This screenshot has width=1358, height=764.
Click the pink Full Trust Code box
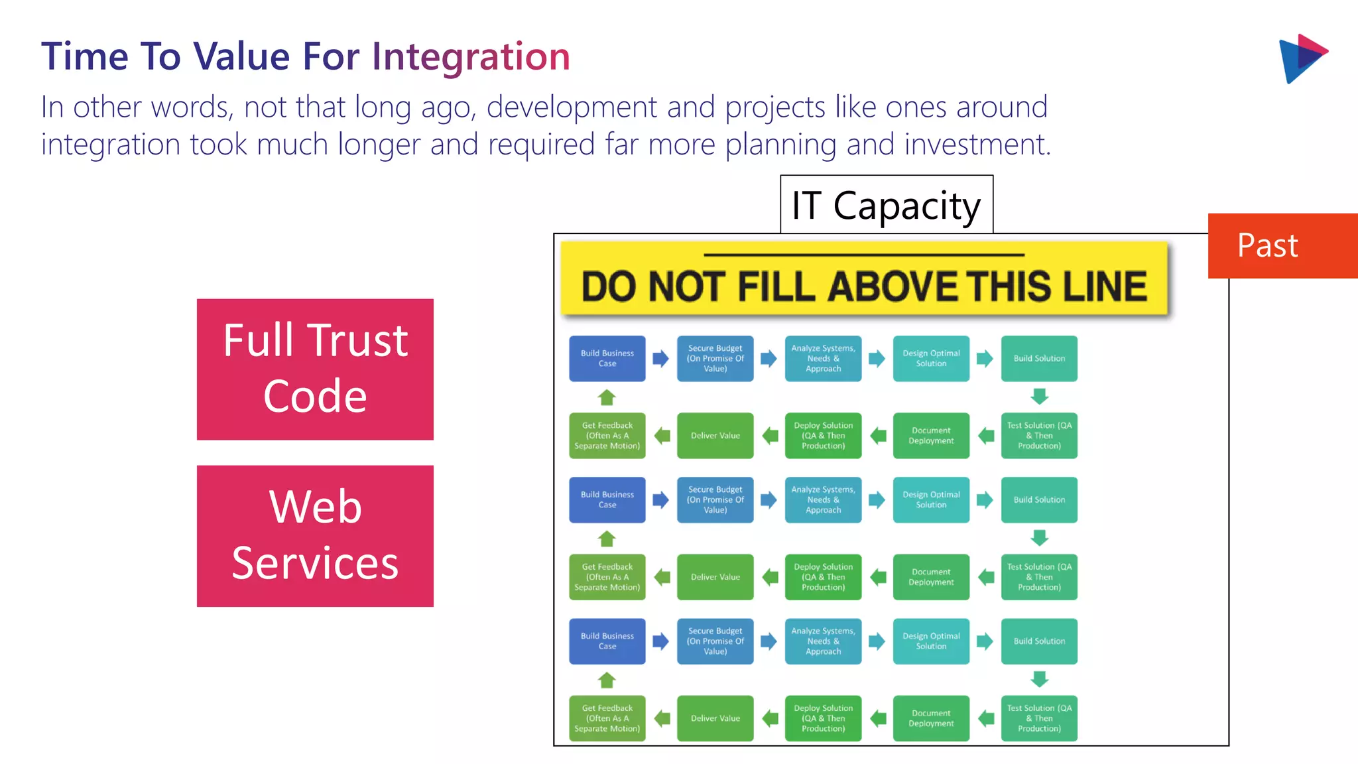(315, 369)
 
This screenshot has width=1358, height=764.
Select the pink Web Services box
(315, 536)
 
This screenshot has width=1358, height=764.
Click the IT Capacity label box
(886, 205)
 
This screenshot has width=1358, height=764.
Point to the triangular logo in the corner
(1301, 58)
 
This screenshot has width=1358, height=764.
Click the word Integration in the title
(471, 56)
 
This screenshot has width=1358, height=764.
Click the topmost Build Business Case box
(607, 359)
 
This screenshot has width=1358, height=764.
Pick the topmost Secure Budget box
(715, 359)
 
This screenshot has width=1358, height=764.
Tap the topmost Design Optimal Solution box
(931, 359)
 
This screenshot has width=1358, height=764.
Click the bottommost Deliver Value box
(715, 718)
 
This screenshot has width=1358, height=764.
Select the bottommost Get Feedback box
(607, 718)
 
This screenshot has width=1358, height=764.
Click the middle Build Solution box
(1039, 500)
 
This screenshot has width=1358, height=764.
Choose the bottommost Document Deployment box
(931, 718)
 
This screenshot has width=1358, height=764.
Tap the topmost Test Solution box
(1039, 436)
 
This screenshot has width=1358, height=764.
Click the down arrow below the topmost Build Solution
(1039, 397)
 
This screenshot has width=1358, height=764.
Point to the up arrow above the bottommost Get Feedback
(607, 680)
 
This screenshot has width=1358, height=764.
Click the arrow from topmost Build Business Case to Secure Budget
(660, 359)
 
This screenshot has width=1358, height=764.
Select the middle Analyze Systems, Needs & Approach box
(823, 500)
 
